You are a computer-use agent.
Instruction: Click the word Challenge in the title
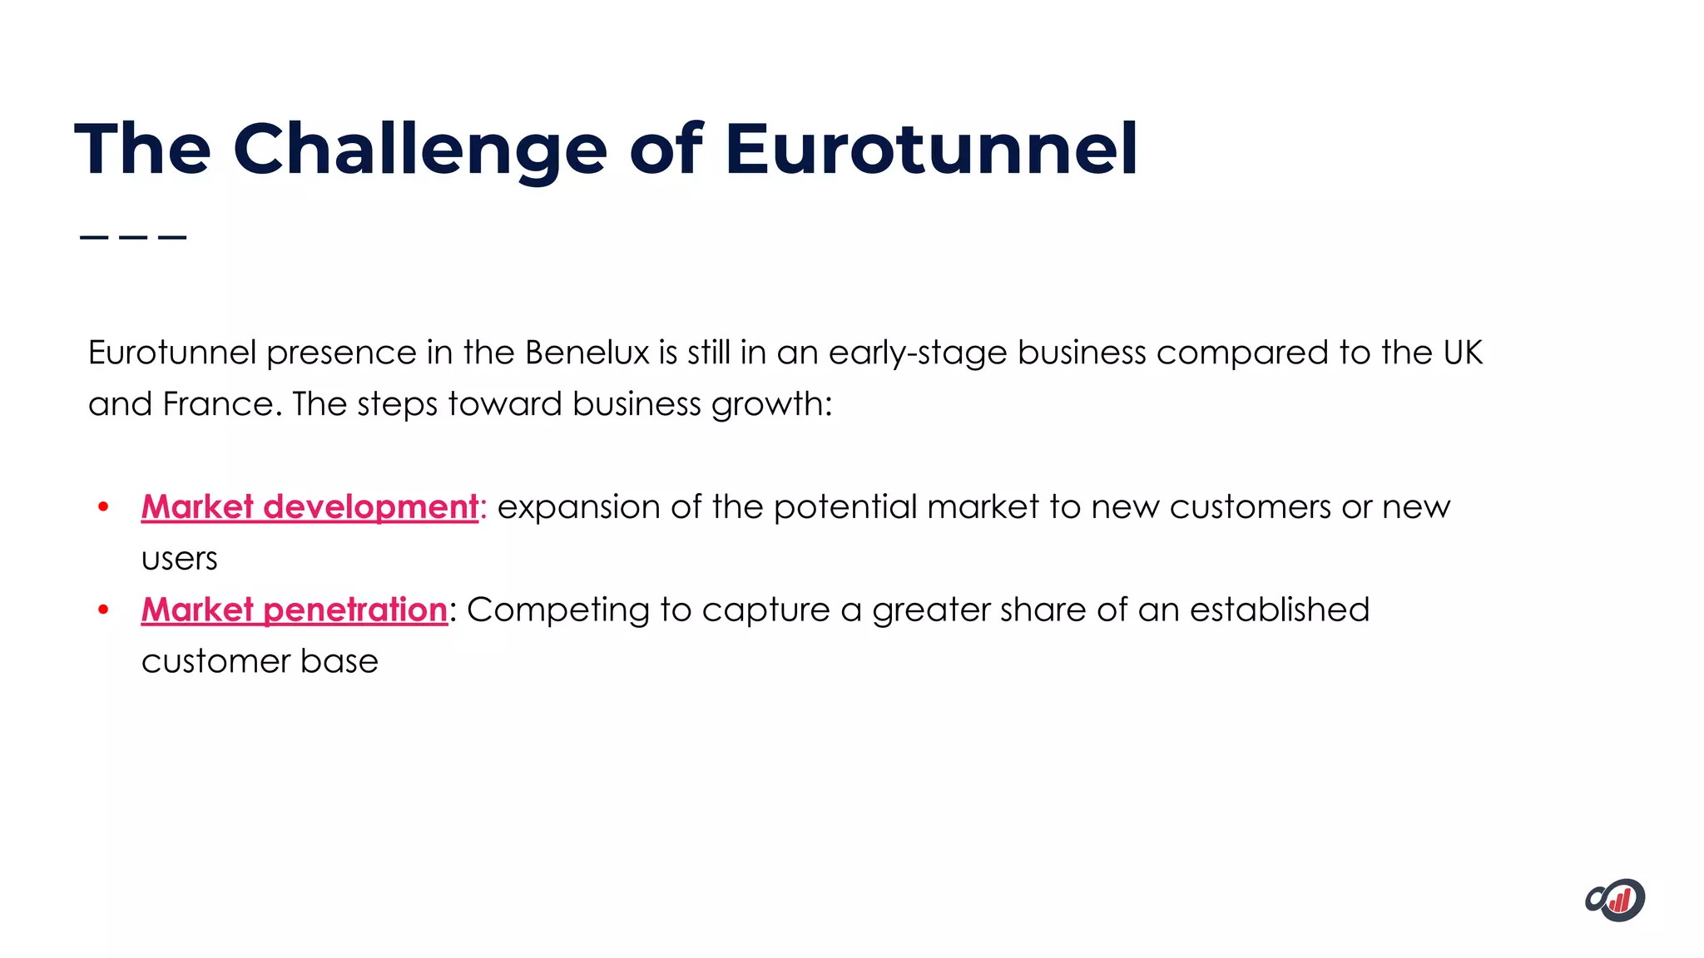[420, 150]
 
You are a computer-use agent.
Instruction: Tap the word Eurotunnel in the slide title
[930, 150]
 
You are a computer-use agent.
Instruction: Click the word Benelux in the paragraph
[587, 353]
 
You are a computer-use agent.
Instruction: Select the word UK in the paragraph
[1463, 353]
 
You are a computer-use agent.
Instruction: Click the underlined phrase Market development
[310, 507]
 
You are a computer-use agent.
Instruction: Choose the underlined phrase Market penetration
[295, 610]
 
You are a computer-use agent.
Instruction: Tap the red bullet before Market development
[103, 507]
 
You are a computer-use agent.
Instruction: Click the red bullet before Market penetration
[103, 610]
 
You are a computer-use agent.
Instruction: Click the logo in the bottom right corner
[1615, 900]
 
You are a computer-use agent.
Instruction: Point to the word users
[179, 559]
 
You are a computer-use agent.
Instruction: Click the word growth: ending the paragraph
[771, 404]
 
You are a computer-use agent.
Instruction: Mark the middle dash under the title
[133, 237]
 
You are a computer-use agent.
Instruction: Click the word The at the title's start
[142, 150]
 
